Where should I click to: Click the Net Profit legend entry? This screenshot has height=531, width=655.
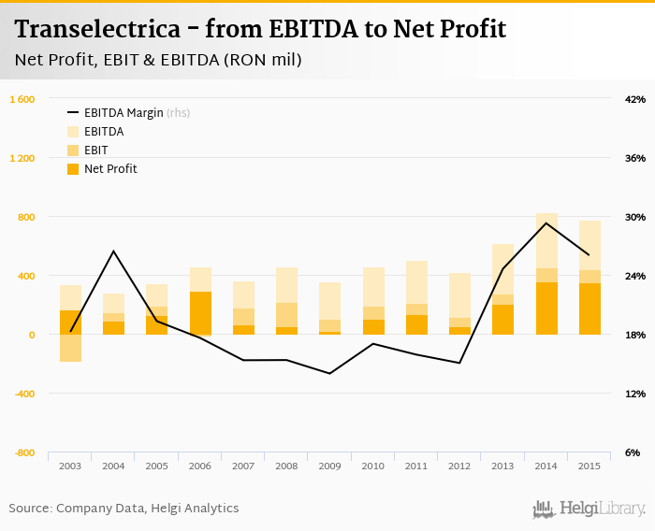(x=110, y=169)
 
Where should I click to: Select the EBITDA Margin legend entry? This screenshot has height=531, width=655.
(x=123, y=113)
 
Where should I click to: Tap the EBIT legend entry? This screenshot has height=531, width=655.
(x=95, y=151)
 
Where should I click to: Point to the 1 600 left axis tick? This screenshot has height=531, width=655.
(x=22, y=99)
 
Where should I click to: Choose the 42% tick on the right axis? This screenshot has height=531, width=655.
(x=635, y=99)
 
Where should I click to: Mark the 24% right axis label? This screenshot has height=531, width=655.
(x=635, y=276)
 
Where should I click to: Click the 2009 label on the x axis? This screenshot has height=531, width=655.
(x=329, y=466)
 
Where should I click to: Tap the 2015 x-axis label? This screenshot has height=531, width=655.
(x=589, y=466)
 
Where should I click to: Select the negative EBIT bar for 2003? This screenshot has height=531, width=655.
(x=70, y=348)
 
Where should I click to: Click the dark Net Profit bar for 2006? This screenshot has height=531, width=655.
(x=200, y=313)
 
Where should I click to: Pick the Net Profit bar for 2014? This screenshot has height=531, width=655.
(x=546, y=309)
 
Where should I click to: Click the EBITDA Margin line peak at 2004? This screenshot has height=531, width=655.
(x=113, y=251)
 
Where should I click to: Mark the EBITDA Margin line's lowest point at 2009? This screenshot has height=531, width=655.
(x=329, y=373)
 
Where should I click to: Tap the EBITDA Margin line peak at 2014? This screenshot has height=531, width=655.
(x=546, y=222)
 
